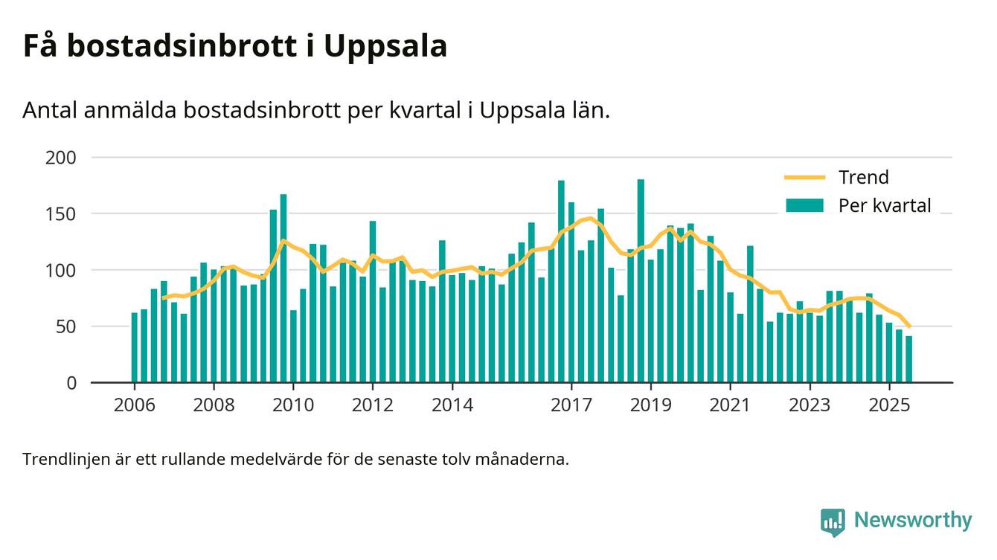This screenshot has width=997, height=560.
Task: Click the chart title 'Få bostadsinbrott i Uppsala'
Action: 234,46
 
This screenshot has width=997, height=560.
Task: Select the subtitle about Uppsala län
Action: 316,110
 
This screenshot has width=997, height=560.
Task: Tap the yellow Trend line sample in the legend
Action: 805,178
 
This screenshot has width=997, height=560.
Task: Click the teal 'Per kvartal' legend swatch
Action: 805,206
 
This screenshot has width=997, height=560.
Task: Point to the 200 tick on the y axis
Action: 61,158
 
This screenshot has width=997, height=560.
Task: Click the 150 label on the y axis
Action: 61,214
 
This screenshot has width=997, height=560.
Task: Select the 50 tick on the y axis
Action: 66,326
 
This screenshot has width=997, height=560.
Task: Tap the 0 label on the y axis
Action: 71,383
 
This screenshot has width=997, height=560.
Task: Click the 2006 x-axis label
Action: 135,405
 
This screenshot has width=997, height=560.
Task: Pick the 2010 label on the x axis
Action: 293,405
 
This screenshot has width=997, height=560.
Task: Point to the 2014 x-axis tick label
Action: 452,405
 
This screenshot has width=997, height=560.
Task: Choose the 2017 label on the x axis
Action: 571,405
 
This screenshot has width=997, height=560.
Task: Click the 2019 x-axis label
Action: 651,405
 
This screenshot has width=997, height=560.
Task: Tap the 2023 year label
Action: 810,405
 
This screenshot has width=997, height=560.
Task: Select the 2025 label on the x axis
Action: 889,405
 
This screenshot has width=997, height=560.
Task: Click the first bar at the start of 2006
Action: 135,348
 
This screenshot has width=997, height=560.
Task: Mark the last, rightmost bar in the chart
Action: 908,360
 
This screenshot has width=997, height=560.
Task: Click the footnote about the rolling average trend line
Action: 295,459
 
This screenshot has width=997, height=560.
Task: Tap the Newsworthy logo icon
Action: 833,521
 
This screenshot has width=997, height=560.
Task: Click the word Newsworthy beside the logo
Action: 912,521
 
